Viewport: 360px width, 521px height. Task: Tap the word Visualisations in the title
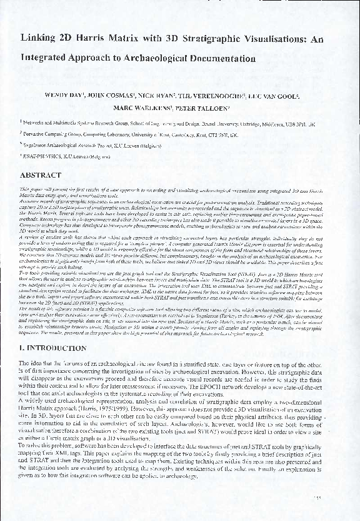pyautogui.click(x=269, y=38)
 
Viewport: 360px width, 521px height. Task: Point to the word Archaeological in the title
pyautogui.click(x=141, y=59)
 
